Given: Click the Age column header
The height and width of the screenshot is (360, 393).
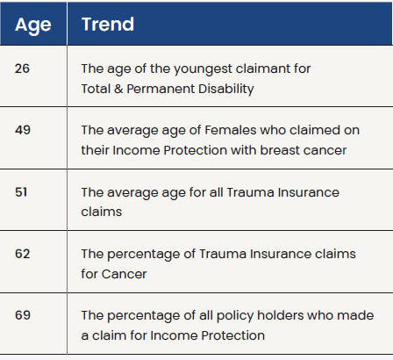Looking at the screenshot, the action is (x=33, y=25).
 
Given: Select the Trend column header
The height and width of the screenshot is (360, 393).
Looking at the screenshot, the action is (x=108, y=24).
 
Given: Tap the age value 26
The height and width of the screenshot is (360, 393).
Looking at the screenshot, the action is (x=22, y=68).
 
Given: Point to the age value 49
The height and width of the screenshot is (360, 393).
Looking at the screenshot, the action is (x=23, y=130).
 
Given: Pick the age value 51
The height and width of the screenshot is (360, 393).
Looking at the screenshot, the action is (x=21, y=192).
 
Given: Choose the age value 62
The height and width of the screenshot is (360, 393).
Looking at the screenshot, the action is (x=23, y=254).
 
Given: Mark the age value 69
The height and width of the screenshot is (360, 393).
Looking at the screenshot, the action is (x=23, y=315).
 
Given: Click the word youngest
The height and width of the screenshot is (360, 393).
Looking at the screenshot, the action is (x=203, y=69).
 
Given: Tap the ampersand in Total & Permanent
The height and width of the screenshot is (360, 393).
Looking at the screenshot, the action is (x=118, y=89).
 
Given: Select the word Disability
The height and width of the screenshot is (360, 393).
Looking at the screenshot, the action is (x=224, y=90).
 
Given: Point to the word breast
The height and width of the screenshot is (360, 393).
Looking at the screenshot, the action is (x=280, y=150).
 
